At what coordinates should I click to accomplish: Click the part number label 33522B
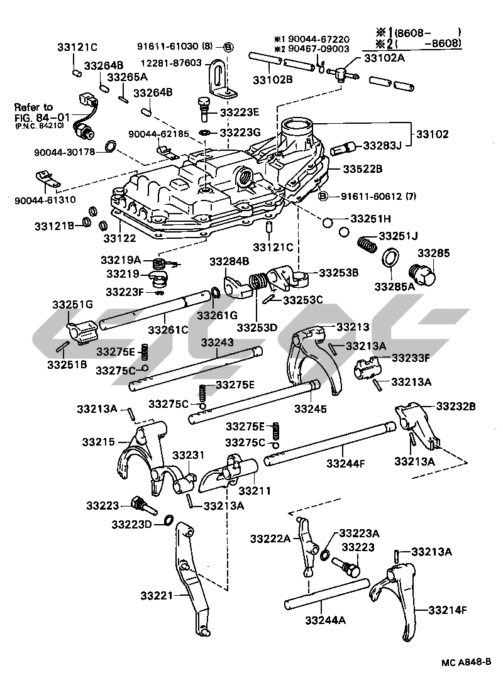click(x=363, y=170)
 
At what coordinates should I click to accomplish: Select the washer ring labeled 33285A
click(x=390, y=258)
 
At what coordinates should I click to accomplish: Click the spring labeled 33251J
click(x=368, y=242)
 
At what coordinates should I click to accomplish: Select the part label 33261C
click(x=169, y=329)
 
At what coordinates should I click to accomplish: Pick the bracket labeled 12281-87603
click(x=217, y=79)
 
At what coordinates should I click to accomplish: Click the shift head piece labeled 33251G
click(x=80, y=331)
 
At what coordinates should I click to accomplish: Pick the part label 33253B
click(x=338, y=273)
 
